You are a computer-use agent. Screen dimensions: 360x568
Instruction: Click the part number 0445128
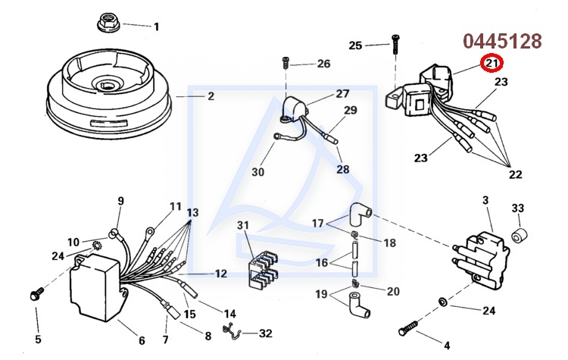coord(503,41)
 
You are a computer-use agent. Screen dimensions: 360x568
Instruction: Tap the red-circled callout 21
coord(492,64)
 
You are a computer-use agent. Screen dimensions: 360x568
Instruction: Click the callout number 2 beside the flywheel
coord(211,96)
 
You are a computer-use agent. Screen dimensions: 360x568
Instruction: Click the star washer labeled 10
coord(97,244)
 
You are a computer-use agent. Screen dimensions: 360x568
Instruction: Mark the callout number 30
coord(258,172)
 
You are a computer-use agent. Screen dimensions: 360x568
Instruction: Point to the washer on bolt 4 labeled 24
coord(443,303)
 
